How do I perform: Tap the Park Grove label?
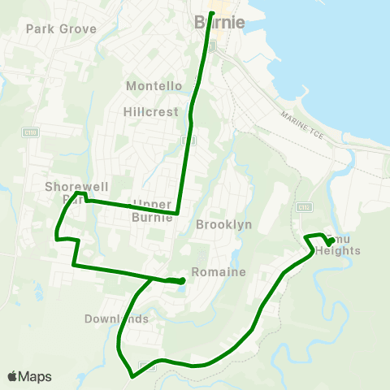[x=61, y=28]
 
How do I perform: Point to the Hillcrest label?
[x=151, y=111]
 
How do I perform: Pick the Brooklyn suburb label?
[x=223, y=223]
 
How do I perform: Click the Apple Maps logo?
[x=29, y=376]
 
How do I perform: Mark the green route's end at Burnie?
[x=211, y=13]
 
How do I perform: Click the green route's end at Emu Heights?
[x=329, y=242]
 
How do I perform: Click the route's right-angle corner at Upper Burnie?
[x=178, y=214]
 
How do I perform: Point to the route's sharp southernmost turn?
[x=131, y=376]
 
